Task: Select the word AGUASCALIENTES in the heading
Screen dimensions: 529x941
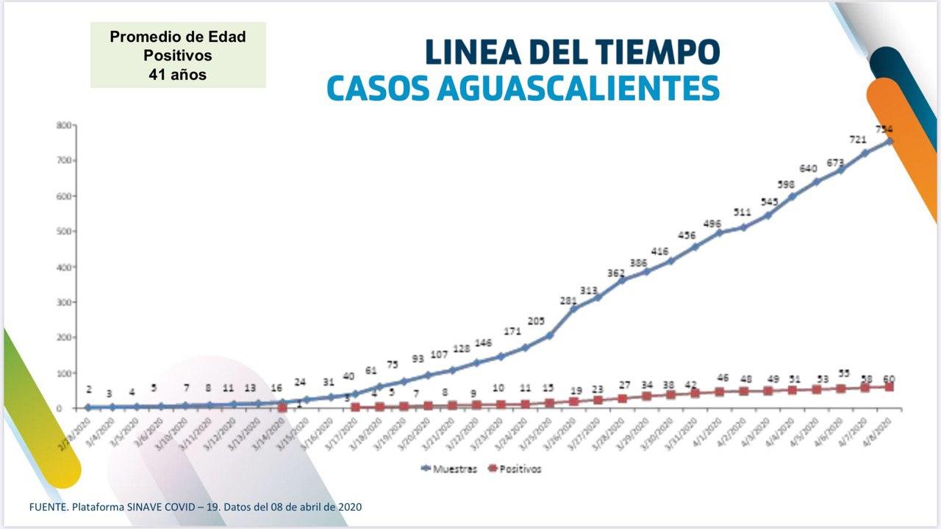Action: [578, 88]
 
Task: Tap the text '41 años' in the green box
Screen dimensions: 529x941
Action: [177, 74]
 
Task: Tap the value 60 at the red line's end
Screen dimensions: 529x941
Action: [888, 378]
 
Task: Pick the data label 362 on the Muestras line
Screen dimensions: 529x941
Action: [616, 273]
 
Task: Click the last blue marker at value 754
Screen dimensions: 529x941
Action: [888, 141]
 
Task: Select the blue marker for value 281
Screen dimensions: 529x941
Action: [573, 309]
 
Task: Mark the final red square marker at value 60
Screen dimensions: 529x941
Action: [889, 386]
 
